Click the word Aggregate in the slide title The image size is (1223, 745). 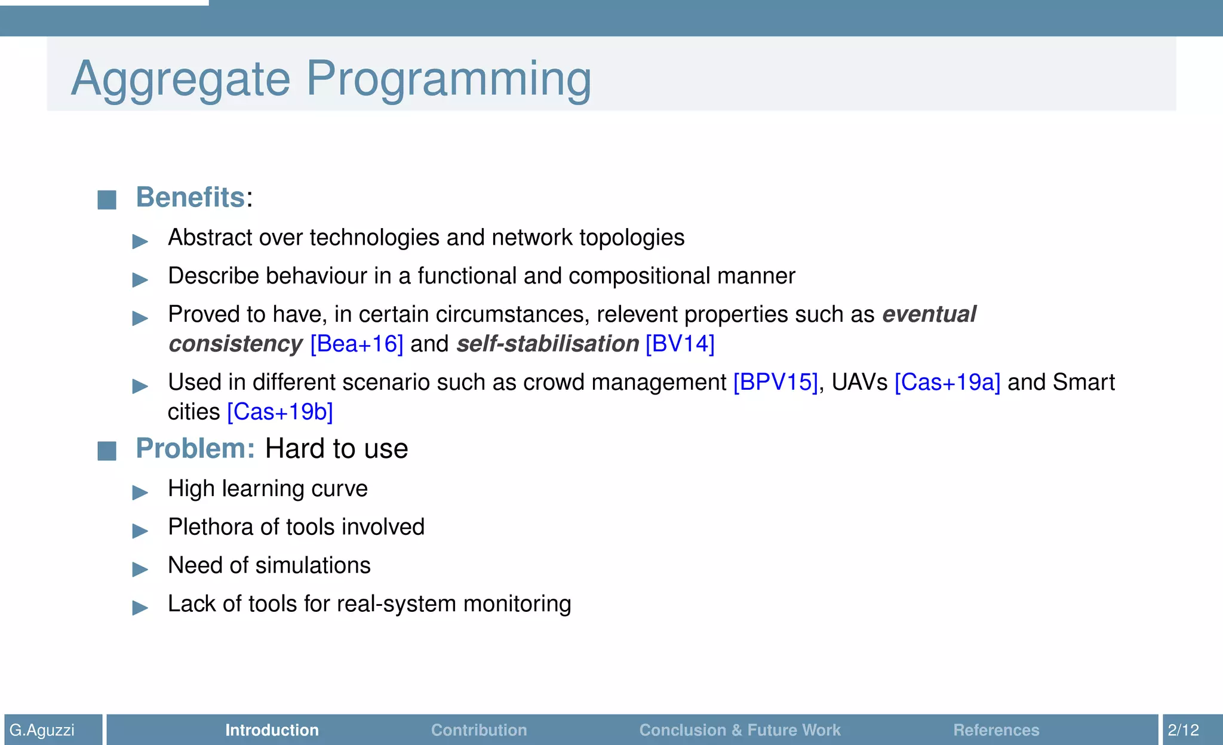[x=180, y=79]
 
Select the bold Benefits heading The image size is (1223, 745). [x=190, y=197]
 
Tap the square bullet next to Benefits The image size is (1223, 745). [x=107, y=199]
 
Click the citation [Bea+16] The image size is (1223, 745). [x=357, y=344]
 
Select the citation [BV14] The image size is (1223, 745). [x=680, y=344]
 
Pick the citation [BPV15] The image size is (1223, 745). [x=775, y=382]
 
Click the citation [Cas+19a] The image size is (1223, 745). [x=947, y=382]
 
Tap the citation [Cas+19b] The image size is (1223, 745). [x=280, y=412]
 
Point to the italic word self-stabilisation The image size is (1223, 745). [x=548, y=344]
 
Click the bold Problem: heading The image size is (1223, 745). [x=195, y=448]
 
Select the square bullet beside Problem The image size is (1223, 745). [x=107, y=451]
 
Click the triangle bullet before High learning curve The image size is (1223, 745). [x=140, y=492]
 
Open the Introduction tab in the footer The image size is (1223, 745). [x=272, y=730]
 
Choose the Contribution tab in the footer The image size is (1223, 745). [x=479, y=730]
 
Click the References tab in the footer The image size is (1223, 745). [x=996, y=730]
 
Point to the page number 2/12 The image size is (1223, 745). [x=1183, y=730]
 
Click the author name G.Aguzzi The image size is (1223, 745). [x=42, y=730]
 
